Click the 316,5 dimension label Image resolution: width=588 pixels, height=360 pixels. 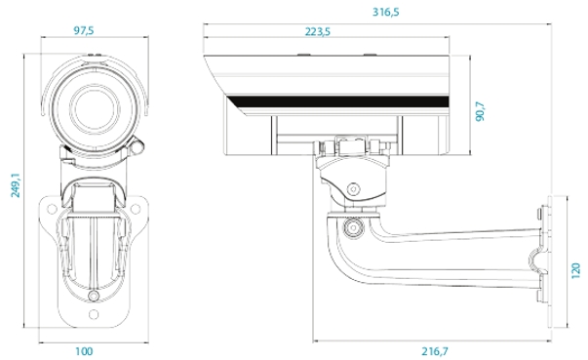[x=385, y=13]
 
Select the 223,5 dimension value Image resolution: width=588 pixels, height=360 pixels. [x=318, y=32]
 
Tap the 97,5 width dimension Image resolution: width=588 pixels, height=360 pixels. [x=84, y=31]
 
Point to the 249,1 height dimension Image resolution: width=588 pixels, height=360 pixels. [x=16, y=184]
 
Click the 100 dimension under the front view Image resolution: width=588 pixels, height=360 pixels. [x=84, y=351]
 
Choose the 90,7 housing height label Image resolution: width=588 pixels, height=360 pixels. [x=480, y=111]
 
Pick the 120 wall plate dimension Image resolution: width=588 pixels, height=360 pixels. [x=575, y=270]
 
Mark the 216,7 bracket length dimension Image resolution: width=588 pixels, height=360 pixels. [x=435, y=351]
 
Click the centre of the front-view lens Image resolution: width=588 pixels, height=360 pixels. [x=95, y=108]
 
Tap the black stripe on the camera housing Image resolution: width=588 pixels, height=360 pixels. [x=337, y=101]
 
